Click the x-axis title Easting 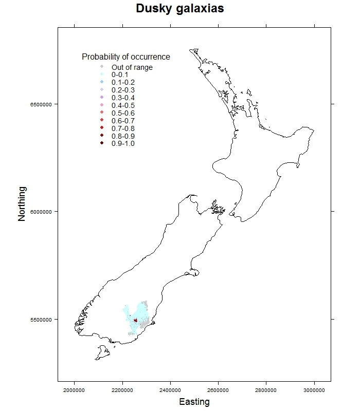tap(194, 402)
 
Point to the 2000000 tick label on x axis tap(75, 390)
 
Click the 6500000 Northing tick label tap(41, 104)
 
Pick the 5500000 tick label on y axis tap(41, 319)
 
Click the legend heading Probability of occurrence tap(126, 57)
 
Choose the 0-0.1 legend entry tap(120, 75)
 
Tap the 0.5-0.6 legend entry tap(123, 113)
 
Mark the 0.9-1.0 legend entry tap(123, 144)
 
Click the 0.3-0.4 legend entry tap(123, 98)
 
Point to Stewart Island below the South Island tap(102, 353)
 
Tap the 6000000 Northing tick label tap(41, 212)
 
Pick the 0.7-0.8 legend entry tap(123, 128)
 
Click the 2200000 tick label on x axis tap(122, 390)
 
